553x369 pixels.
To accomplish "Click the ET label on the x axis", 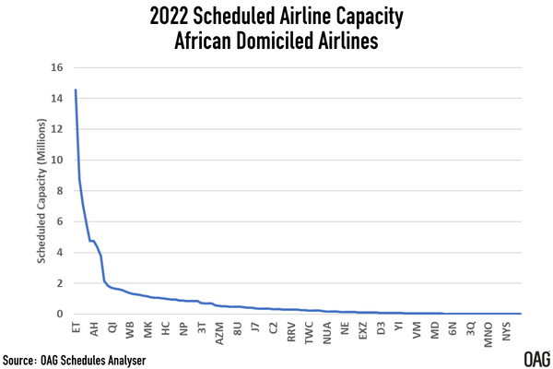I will tap(76, 327).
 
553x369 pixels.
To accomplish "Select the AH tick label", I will tap(93, 327).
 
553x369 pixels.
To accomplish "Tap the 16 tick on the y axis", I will tap(56, 67).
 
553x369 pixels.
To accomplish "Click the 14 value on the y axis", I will tap(56, 98).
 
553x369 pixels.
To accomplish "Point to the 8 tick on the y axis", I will tap(59, 191).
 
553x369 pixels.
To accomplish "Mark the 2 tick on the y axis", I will tap(59, 283).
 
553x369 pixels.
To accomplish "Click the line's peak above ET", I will tap(76, 90).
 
